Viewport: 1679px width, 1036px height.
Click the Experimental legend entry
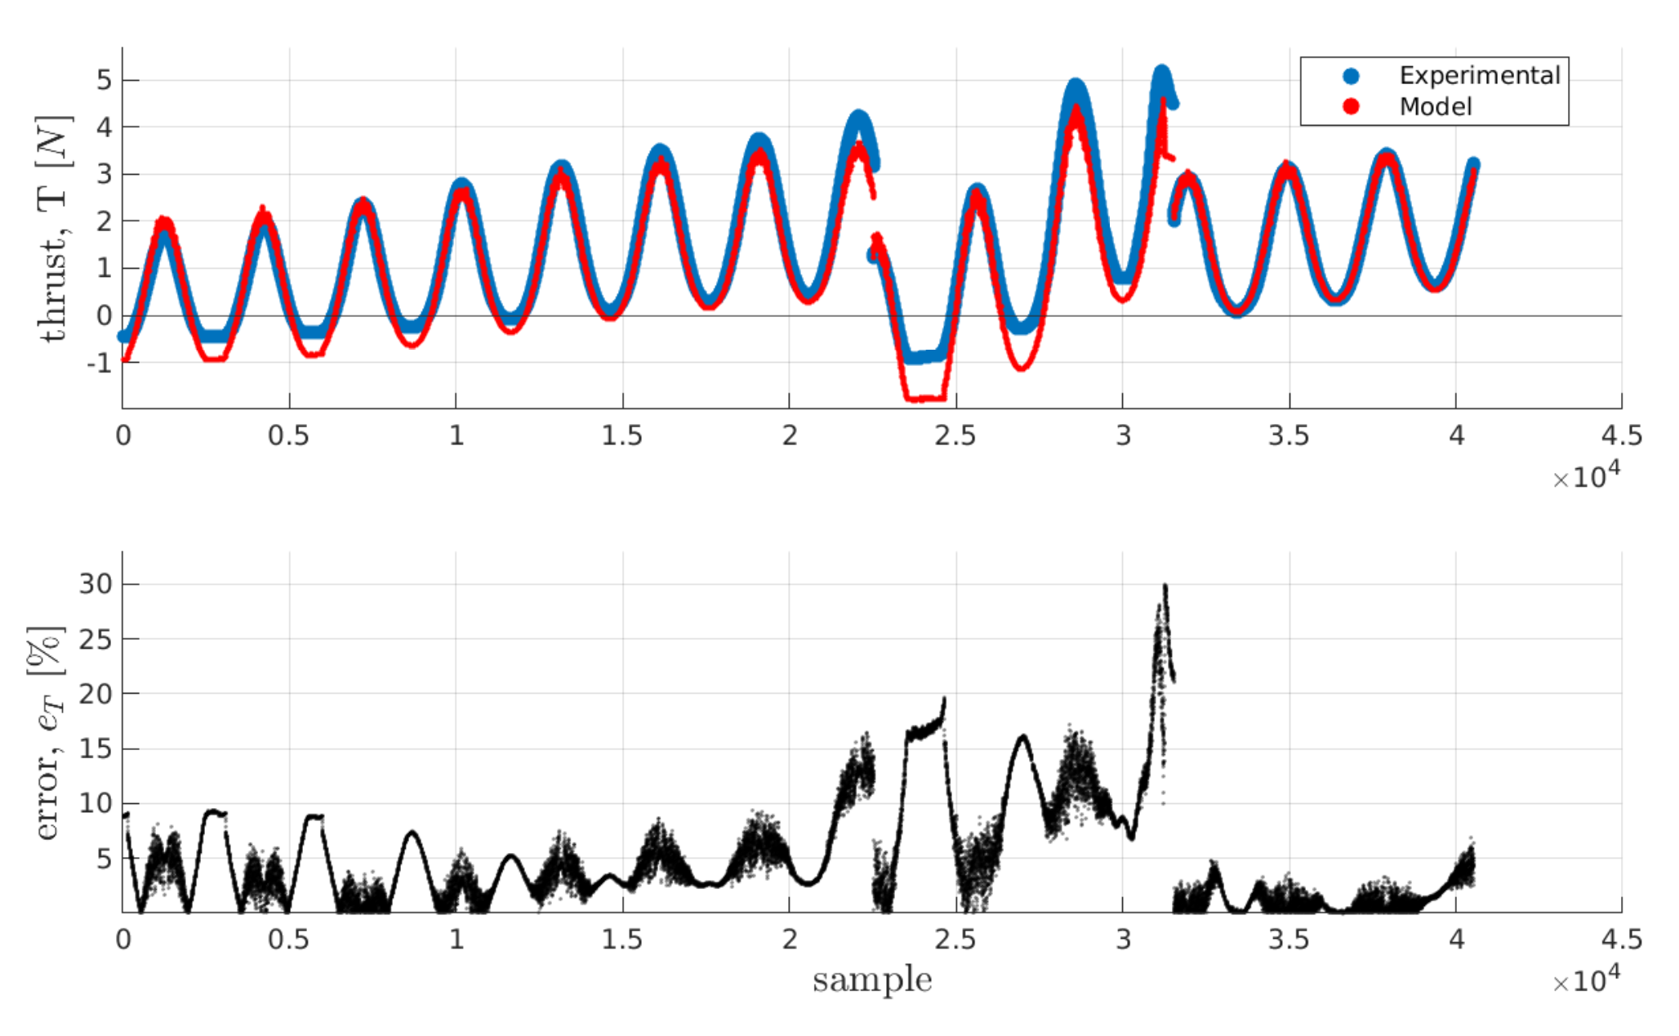tap(1479, 76)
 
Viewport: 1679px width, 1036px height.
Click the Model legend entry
tap(1435, 107)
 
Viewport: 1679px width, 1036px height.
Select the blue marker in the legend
tap(1351, 76)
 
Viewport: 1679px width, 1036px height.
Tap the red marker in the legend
tap(1351, 106)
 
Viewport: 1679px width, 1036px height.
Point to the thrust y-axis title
tap(54, 229)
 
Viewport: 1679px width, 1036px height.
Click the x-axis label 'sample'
tap(871, 980)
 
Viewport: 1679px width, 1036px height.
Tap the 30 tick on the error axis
tap(95, 584)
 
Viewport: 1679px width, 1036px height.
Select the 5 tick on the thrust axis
tap(104, 80)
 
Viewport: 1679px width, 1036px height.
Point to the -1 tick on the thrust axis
tap(99, 363)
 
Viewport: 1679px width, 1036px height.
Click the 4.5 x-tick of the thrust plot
tap(1621, 435)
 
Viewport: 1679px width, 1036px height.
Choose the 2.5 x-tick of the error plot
tap(955, 940)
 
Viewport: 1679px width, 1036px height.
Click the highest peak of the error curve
tap(1165, 586)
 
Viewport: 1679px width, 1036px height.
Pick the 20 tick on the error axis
tap(95, 694)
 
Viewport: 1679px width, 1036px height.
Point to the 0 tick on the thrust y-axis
tap(104, 315)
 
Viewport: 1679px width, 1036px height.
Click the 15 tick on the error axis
tap(95, 748)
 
